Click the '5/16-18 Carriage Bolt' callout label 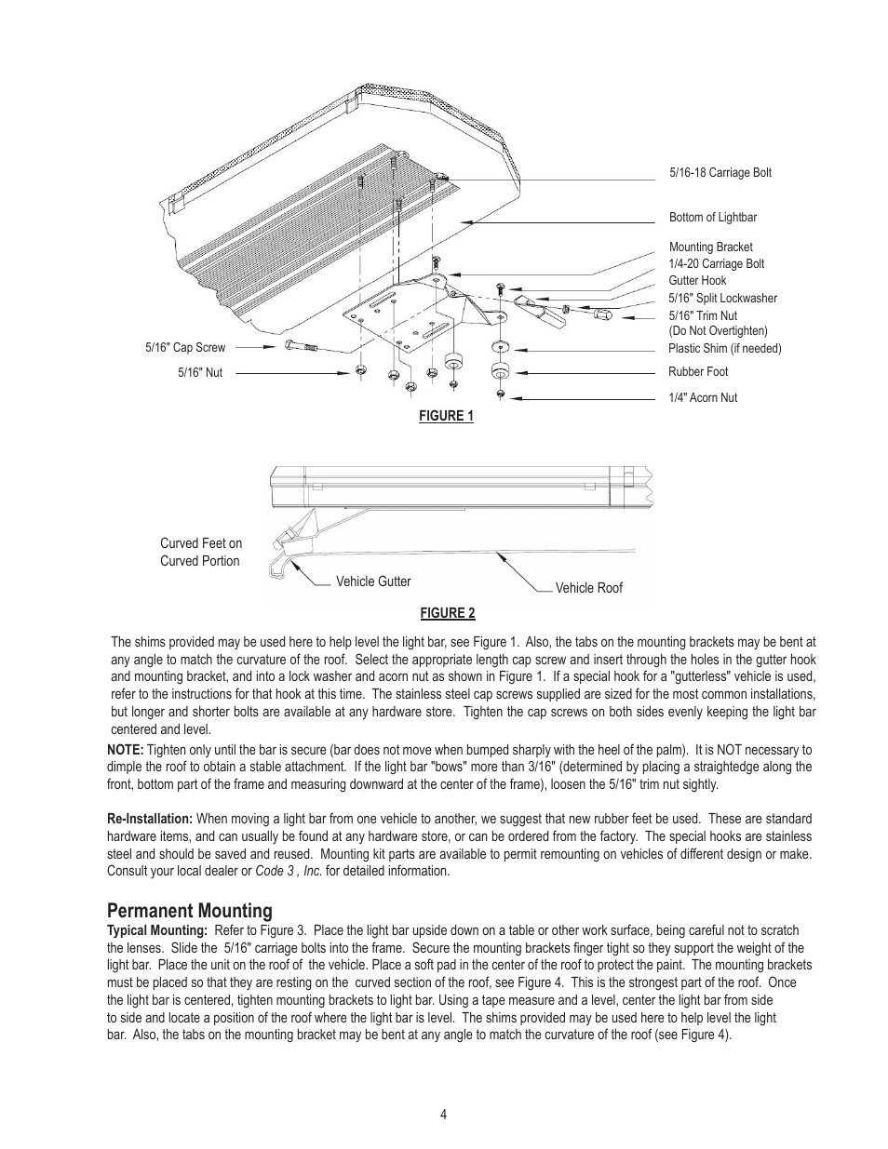(x=720, y=173)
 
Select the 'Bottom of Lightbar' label (x=713, y=218)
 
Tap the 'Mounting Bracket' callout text (x=710, y=247)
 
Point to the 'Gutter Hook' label (x=697, y=281)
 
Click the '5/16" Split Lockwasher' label (x=722, y=299)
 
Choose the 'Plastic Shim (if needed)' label (x=725, y=349)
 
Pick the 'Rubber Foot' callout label (x=698, y=372)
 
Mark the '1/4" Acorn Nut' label (x=703, y=398)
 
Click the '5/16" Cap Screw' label (x=185, y=348)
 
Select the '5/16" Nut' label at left (x=200, y=373)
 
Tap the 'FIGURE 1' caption (x=446, y=416)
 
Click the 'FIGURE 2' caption (x=448, y=613)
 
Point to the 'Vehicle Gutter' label (x=373, y=581)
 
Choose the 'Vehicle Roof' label (x=588, y=588)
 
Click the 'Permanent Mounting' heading (x=190, y=911)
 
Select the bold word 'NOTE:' (x=126, y=750)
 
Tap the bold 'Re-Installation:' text (x=150, y=820)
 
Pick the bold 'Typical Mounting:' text (x=156, y=930)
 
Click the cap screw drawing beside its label (x=302, y=347)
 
